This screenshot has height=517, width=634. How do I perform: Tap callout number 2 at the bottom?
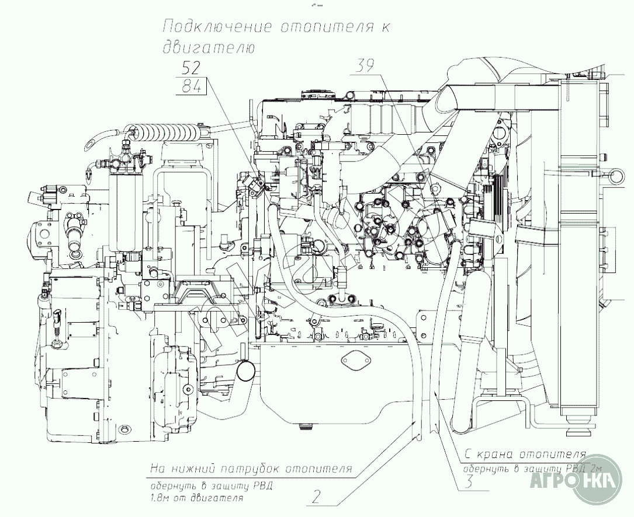(x=316, y=497)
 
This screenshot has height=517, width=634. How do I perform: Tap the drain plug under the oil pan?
(x=304, y=427)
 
